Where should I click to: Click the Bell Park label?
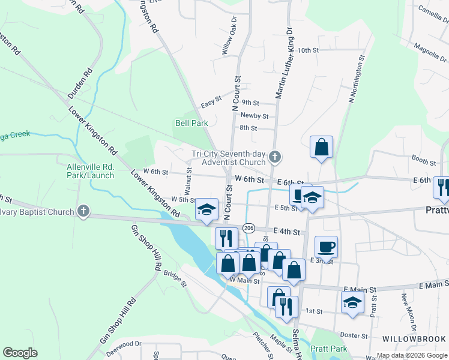pos(191,123)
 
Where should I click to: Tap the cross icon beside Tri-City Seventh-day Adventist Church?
pos(275,158)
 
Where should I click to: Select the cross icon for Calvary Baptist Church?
pos(83,211)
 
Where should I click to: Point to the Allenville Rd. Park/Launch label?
pos(90,170)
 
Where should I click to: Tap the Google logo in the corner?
pos(20,352)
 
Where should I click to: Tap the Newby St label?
pos(254,115)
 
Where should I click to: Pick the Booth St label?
pos(424,162)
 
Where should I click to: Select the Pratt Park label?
pos(329,349)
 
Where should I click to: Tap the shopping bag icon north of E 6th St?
pos(322,146)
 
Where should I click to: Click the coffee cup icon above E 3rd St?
pos(326,247)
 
